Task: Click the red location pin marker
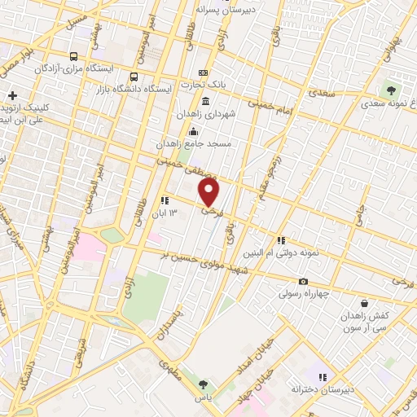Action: point(210,192)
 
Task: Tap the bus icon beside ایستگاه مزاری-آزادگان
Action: point(75,57)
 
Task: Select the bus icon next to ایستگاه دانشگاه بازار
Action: point(100,89)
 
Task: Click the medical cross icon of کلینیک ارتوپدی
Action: point(12,96)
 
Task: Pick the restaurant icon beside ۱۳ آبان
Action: point(165,200)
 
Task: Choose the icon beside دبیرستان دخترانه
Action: point(323,377)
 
